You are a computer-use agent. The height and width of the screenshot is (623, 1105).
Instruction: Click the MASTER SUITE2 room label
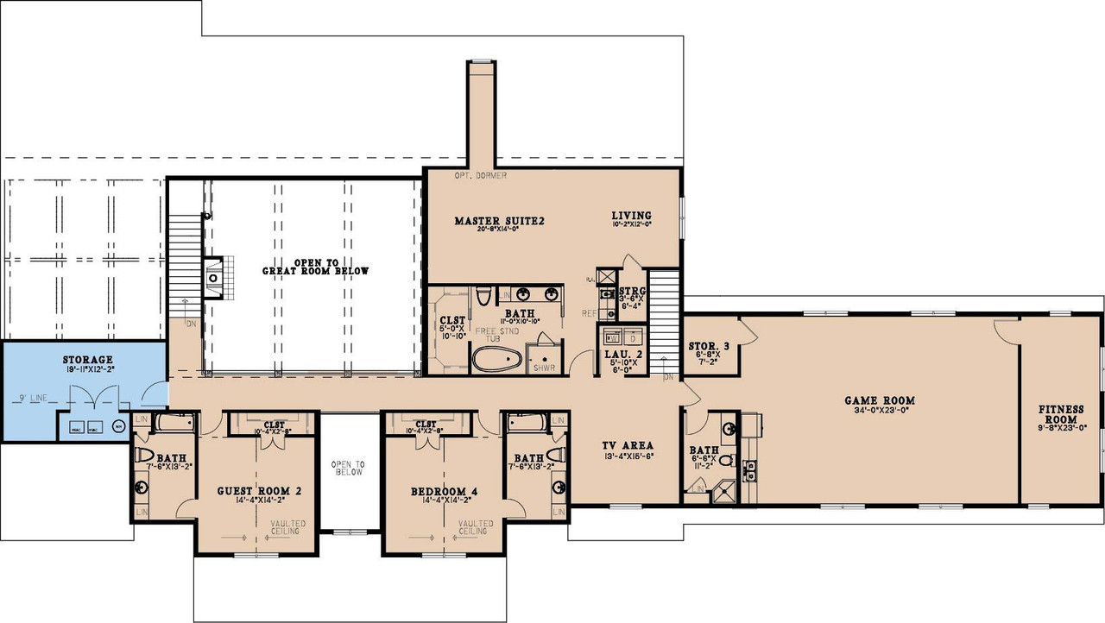coord(499,221)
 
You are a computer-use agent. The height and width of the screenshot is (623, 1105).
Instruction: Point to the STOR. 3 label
coord(709,347)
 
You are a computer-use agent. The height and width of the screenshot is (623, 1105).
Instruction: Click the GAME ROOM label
coord(879,400)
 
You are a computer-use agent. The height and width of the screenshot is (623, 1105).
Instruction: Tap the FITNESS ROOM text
coord(1061,414)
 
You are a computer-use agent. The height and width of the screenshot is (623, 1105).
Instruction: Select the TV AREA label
coord(626,446)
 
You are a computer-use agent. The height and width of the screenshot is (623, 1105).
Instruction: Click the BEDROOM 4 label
coord(444,491)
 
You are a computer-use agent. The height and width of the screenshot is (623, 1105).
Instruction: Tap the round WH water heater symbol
coord(118,425)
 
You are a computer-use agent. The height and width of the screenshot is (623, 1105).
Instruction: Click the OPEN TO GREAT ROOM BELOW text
coord(315,266)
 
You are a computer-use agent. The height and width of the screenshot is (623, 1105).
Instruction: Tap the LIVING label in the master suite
coord(631,216)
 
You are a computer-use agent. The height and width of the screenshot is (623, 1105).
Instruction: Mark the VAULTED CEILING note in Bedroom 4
coord(476,527)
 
